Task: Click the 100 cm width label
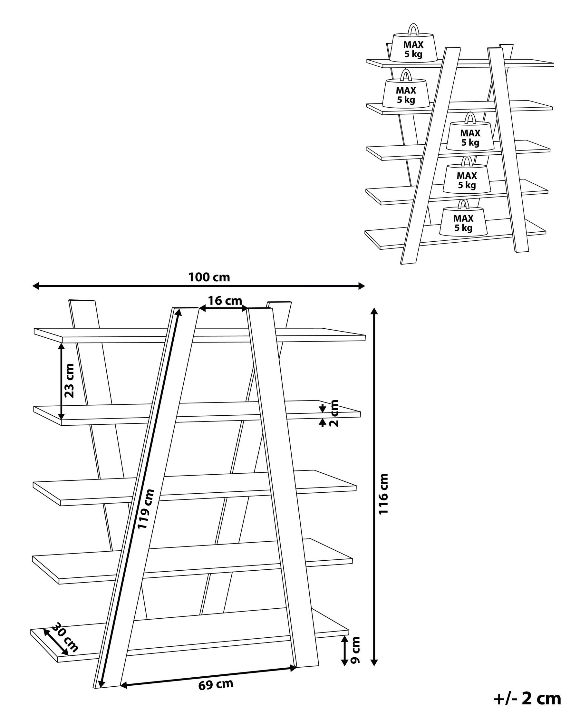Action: [x=209, y=277]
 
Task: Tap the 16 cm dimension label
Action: [x=224, y=301]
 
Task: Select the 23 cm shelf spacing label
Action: [x=69, y=381]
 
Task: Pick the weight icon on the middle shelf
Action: [x=470, y=135]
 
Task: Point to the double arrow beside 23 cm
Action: [x=62, y=381]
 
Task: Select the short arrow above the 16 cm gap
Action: [x=224, y=307]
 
